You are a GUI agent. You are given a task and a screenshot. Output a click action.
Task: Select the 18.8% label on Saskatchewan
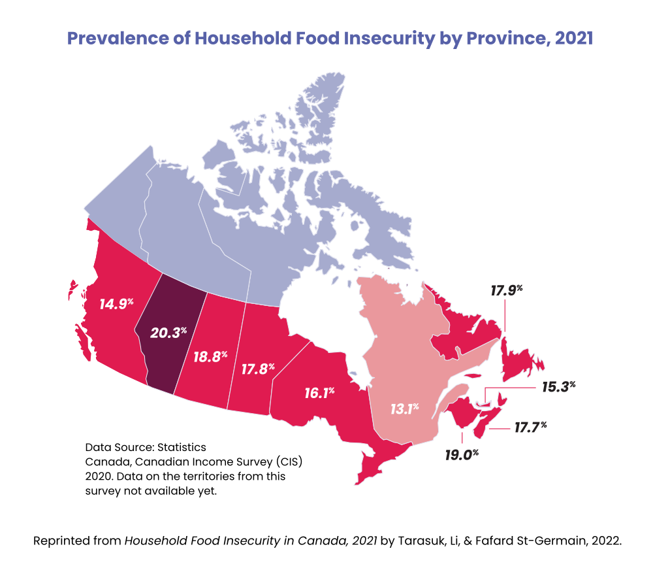click(210, 356)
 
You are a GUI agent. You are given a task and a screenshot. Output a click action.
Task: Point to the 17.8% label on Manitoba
click(257, 369)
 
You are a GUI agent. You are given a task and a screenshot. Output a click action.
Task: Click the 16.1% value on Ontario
click(319, 393)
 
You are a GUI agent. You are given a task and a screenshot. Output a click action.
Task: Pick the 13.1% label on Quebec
click(404, 409)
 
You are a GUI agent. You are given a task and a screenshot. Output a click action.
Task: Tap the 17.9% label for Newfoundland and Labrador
click(508, 289)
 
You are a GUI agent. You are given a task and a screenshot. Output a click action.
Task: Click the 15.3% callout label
click(558, 386)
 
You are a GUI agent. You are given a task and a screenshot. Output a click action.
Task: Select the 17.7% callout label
click(530, 427)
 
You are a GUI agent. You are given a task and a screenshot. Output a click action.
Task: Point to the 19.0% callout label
click(462, 454)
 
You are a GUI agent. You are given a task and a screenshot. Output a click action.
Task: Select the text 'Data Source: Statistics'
click(146, 448)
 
